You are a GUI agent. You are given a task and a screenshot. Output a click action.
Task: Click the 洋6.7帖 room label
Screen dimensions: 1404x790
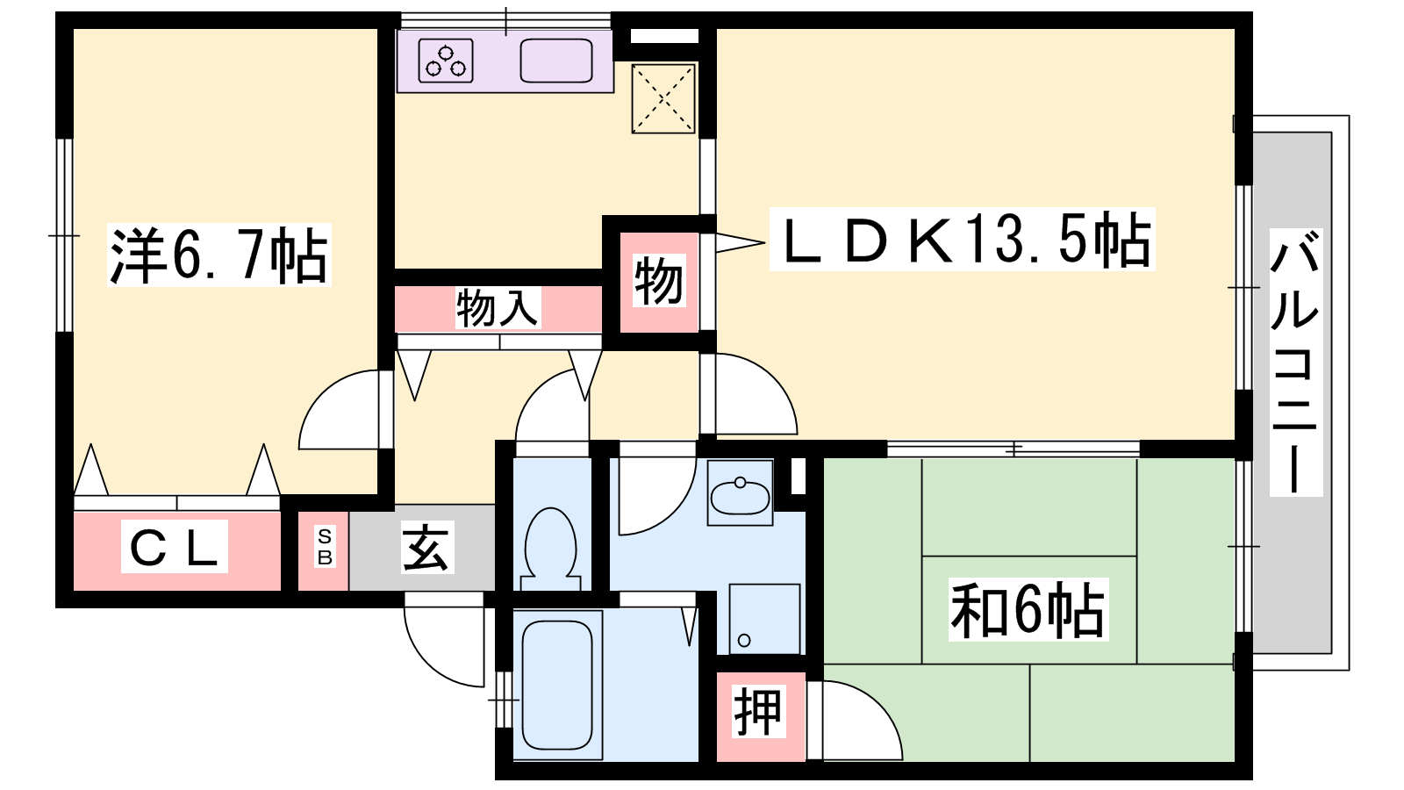coord(218,255)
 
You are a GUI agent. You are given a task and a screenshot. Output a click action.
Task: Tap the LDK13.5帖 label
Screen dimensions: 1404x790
coord(962,239)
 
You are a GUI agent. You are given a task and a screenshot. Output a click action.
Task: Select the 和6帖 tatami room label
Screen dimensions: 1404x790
coord(1028,609)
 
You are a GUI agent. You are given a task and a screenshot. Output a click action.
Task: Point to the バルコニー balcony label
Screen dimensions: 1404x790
coord(1295,362)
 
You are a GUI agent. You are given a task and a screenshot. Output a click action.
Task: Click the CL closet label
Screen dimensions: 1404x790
coord(175,547)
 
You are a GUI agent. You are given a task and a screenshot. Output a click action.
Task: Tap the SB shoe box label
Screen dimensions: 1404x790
coord(325,547)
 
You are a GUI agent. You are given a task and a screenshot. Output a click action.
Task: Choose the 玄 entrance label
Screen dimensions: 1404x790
coord(426,548)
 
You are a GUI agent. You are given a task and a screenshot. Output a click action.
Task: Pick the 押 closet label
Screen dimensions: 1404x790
coord(758,712)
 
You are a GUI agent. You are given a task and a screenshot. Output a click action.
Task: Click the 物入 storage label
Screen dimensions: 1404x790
coord(497,308)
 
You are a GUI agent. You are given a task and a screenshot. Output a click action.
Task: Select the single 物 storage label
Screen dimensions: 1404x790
coord(658,281)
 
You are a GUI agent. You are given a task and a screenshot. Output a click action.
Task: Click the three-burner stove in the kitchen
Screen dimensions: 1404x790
coord(446,61)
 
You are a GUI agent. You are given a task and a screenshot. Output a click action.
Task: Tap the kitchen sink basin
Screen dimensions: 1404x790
coord(556,61)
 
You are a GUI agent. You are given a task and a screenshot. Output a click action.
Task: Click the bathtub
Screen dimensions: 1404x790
coord(557,686)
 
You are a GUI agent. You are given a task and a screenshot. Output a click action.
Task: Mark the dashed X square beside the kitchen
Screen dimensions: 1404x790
coord(663,99)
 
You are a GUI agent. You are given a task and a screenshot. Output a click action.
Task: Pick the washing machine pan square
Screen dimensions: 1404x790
coord(764,620)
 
